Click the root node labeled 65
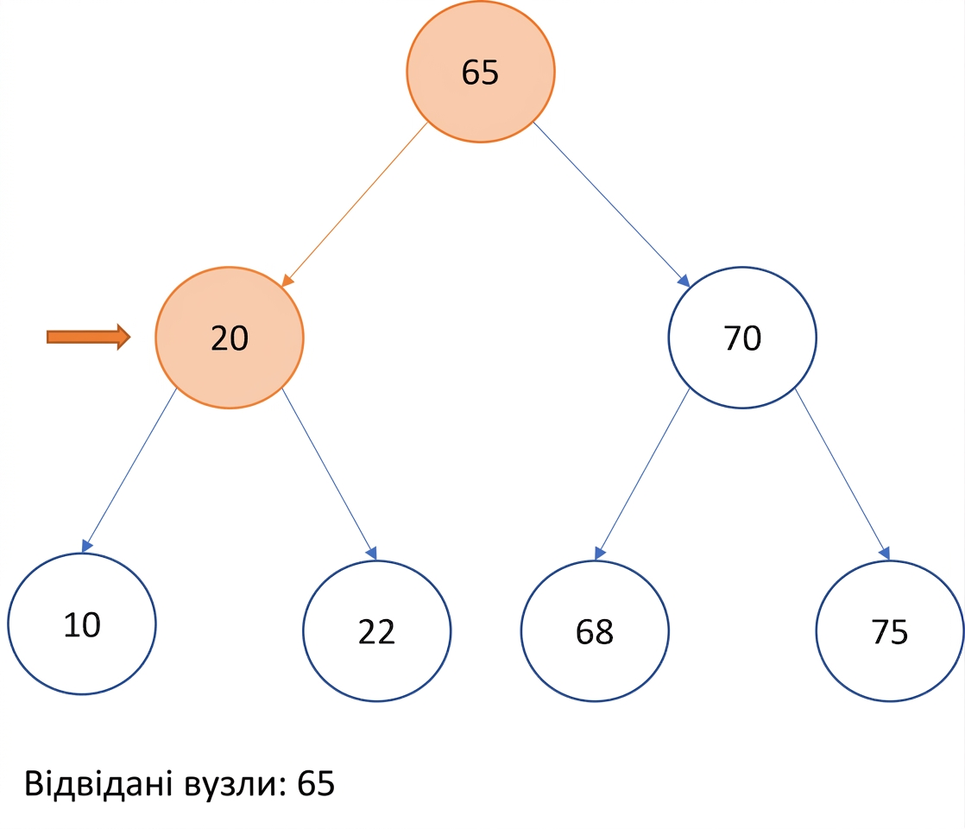(x=480, y=72)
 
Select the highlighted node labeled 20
(x=230, y=338)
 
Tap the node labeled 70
(x=742, y=338)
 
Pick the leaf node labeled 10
(x=82, y=623)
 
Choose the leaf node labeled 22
(x=376, y=630)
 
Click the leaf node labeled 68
(x=595, y=630)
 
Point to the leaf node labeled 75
(x=890, y=630)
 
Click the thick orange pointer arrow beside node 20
(x=89, y=337)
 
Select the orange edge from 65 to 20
(x=354, y=205)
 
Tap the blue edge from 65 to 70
(x=611, y=205)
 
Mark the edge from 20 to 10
(x=129, y=470)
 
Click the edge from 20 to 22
(x=329, y=473)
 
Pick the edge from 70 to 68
(x=642, y=473)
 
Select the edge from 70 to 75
(x=842, y=473)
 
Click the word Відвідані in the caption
(x=98, y=783)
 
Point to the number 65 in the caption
(x=316, y=783)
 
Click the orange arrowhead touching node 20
(x=287, y=281)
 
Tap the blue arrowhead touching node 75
(x=885, y=553)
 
